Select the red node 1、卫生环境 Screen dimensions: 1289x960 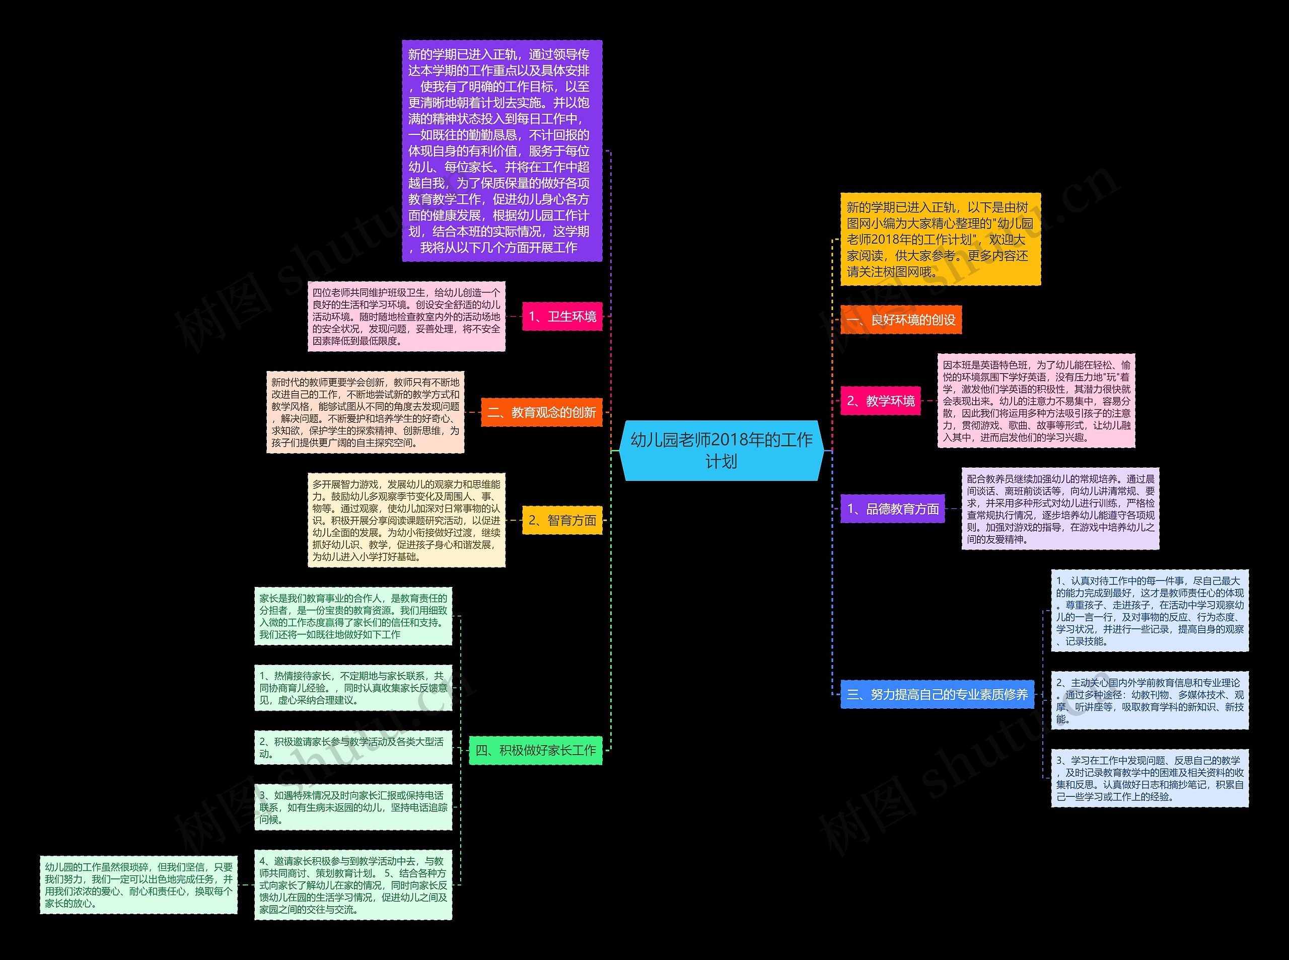click(x=562, y=316)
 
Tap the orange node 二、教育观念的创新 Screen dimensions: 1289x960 click(x=541, y=413)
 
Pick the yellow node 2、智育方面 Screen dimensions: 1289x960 click(x=562, y=520)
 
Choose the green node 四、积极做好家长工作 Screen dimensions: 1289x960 click(x=535, y=750)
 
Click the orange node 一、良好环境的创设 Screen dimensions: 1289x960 click(x=901, y=320)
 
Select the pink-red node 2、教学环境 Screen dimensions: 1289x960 click(x=881, y=400)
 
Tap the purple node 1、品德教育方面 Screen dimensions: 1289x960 click(x=893, y=509)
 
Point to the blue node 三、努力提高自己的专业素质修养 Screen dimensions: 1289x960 click(x=937, y=694)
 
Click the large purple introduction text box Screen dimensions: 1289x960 click(x=502, y=151)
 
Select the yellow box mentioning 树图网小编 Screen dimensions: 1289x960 click(x=940, y=240)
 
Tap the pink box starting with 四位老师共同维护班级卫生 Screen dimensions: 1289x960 click(x=406, y=317)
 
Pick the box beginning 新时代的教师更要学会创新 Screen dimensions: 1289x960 click(x=365, y=413)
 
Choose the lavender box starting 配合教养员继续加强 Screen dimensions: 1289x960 click(x=1060, y=509)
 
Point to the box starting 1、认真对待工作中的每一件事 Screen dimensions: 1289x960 click(x=1150, y=611)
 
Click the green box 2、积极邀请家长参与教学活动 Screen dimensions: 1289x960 click(x=353, y=748)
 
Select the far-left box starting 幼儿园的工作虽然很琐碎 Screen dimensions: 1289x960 click(x=138, y=884)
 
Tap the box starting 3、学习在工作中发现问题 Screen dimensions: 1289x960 click(x=1150, y=778)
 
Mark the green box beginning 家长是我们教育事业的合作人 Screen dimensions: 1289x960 click(x=353, y=616)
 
